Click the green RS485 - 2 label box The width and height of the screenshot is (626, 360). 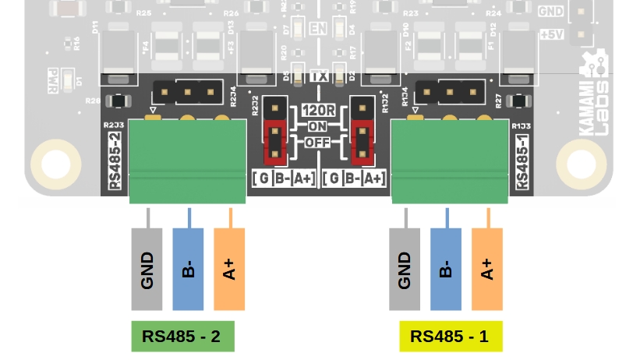tap(182, 337)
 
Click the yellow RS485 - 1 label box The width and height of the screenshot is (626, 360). tap(450, 337)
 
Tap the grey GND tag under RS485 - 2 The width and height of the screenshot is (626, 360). tap(147, 270)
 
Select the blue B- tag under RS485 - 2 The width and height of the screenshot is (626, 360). tap(188, 270)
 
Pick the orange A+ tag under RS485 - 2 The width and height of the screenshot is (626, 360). tap(229, 270)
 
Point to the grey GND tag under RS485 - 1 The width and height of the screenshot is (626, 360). tap(405, 270)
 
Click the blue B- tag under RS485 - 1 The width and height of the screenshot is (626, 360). tap(446, 270)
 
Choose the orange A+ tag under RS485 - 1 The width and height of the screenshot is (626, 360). tap(487, 270)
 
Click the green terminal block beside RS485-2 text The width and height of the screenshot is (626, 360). tap(188, 161)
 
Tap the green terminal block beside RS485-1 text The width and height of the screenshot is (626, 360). tap(450, 161)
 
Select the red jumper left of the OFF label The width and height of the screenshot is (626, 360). tap(274, 143)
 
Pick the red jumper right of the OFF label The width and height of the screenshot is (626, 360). tap(360, 143)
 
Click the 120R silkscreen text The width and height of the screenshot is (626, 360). tap(318, 111)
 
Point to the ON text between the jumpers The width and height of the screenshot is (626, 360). tap(317, 126)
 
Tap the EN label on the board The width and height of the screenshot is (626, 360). tap(317, 29)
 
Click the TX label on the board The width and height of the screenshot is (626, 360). tap(318, 76)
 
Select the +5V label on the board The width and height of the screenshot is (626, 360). tap(552, 35)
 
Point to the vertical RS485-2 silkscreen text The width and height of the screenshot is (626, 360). tap(114, 161)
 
